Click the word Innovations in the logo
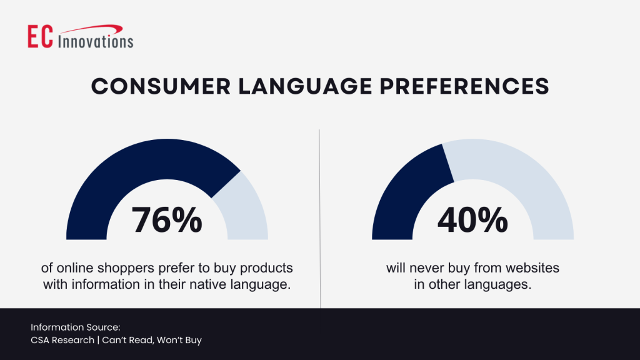coord(96,42)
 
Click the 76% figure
coord(167,220)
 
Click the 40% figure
coord(472,220)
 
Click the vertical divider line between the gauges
coord(319,219)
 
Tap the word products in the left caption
coord(269,268)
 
